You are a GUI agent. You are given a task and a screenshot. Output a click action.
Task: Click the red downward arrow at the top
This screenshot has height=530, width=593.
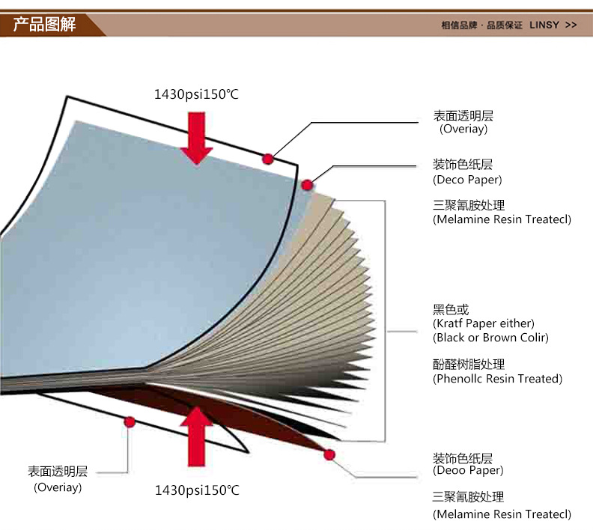(x=197, y=137)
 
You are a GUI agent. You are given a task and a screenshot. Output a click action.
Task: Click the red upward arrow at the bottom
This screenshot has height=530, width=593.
(x=197, y=434)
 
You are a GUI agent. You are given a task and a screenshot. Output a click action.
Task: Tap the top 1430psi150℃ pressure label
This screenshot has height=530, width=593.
(x=197, y=94)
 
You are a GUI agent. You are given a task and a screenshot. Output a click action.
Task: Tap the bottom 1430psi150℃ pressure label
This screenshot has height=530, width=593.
(x=197, y=490)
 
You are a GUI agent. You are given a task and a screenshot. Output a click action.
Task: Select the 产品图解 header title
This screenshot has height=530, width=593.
(x=45, y=24)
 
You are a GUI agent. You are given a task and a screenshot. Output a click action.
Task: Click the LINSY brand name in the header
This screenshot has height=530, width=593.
(x=544, y=25)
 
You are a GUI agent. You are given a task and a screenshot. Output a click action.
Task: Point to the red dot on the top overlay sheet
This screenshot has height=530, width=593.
(x=267, y=158)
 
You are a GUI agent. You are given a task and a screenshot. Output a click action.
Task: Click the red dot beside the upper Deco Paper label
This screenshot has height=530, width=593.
(x=306, y=184)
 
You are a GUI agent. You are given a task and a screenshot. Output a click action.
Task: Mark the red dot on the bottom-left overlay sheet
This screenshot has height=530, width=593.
(x=130, y=422)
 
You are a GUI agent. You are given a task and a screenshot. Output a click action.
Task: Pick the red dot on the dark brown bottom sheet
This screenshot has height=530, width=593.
(x=329, y=454)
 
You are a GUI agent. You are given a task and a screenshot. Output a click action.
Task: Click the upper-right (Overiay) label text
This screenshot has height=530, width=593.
(x=463, y=129)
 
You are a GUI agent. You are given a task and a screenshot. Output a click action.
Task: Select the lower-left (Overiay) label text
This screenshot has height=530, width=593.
(x=58, y=487)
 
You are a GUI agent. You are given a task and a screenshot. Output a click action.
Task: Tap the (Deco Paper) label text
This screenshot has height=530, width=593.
(x=467, y=180)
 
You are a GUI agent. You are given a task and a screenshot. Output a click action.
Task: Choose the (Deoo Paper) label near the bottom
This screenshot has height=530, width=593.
(x=468, y=470)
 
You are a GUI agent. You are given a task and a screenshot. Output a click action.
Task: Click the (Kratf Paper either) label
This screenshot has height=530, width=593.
(x=484, y=323)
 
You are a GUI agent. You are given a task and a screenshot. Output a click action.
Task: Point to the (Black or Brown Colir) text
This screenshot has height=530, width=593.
(x=490, y=338)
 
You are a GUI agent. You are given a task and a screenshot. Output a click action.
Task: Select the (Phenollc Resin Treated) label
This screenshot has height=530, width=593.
(x=497, y=379)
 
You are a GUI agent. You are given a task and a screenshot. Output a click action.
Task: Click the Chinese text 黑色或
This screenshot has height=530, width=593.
(x=451, y=309)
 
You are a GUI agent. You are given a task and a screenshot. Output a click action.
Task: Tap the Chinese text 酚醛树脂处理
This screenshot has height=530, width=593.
(x=469, y=365)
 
